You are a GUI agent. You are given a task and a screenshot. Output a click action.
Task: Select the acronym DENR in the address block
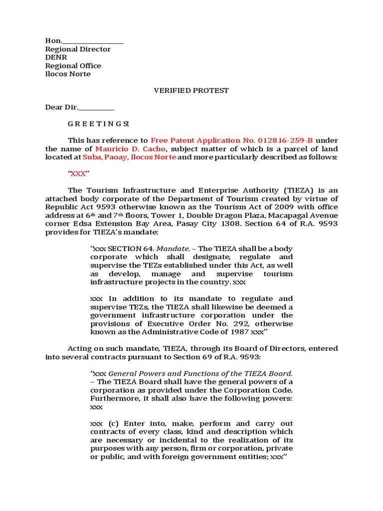56,57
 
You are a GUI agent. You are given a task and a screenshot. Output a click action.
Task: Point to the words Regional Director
78,49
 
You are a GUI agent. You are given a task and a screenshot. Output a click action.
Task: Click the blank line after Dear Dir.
96,107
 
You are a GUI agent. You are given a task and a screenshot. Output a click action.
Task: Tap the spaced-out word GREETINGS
98,124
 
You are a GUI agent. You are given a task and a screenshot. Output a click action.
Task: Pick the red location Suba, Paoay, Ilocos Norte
129,157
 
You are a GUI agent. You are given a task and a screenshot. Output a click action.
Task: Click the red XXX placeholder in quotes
78,174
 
